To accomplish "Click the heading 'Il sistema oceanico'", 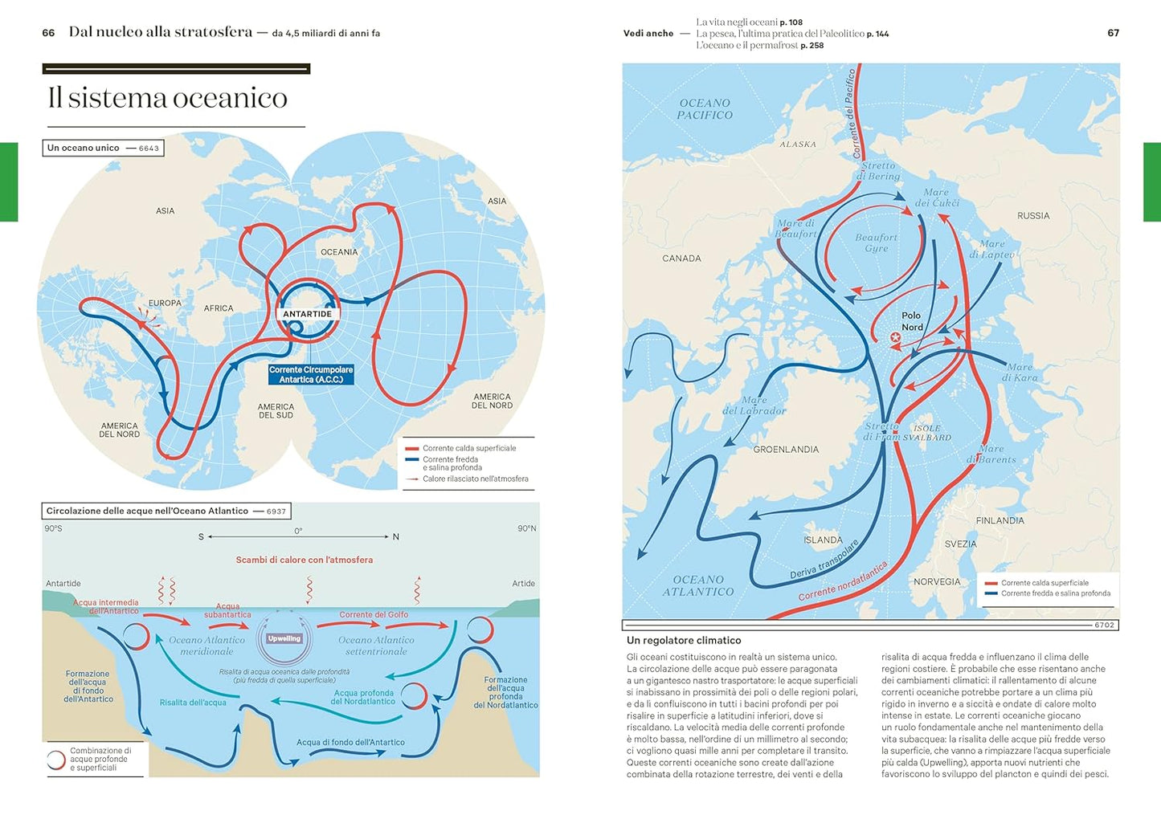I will point(167,98).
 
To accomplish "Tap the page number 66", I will point(48,33).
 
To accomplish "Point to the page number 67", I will point(1113,33).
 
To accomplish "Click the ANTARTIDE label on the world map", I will point(307,314).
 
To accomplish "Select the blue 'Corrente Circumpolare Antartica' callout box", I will point(311,375).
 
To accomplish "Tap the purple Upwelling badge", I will point(284,639).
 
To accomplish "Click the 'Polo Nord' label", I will point(911,321).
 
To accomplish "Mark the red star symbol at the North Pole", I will point(895,338).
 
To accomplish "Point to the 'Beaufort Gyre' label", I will point(876,242).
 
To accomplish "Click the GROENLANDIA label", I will point(786,450).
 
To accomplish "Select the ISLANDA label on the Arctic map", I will point(823,540).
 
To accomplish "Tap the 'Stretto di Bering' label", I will point(879,171).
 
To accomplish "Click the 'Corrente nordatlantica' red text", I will point(843,581).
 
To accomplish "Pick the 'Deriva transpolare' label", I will point(824,560).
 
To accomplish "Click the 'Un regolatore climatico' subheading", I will point(684,641).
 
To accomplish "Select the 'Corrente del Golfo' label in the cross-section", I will point(374,615).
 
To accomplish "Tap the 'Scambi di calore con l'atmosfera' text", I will point(304,560).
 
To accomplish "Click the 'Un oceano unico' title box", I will point(103,148).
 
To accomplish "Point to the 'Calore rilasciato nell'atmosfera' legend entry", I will point(475,479).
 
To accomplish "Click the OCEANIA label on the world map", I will point(339,252).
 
